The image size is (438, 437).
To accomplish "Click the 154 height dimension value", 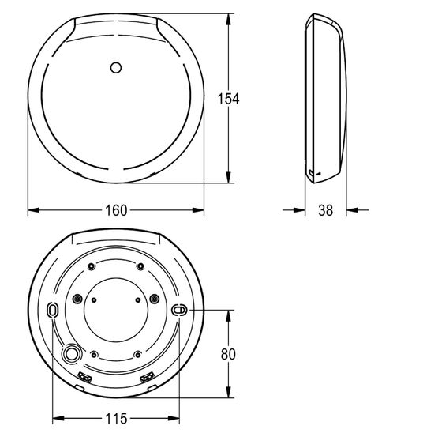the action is pos(228,99).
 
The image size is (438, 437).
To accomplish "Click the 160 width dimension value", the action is pos(116,210).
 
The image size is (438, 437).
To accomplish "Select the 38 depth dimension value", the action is pos(325,210).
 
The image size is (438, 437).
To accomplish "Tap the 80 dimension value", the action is pos(228,354).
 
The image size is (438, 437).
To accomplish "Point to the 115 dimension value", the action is pos(116,419).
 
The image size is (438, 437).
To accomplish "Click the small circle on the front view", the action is pos(116,68).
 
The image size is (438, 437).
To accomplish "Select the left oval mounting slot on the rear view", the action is pos(52,310).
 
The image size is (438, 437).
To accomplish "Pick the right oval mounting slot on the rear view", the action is pos(179,310).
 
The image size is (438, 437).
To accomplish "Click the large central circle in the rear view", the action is pos(116,310).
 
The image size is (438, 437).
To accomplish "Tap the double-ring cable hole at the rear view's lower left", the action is pos(72,354).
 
